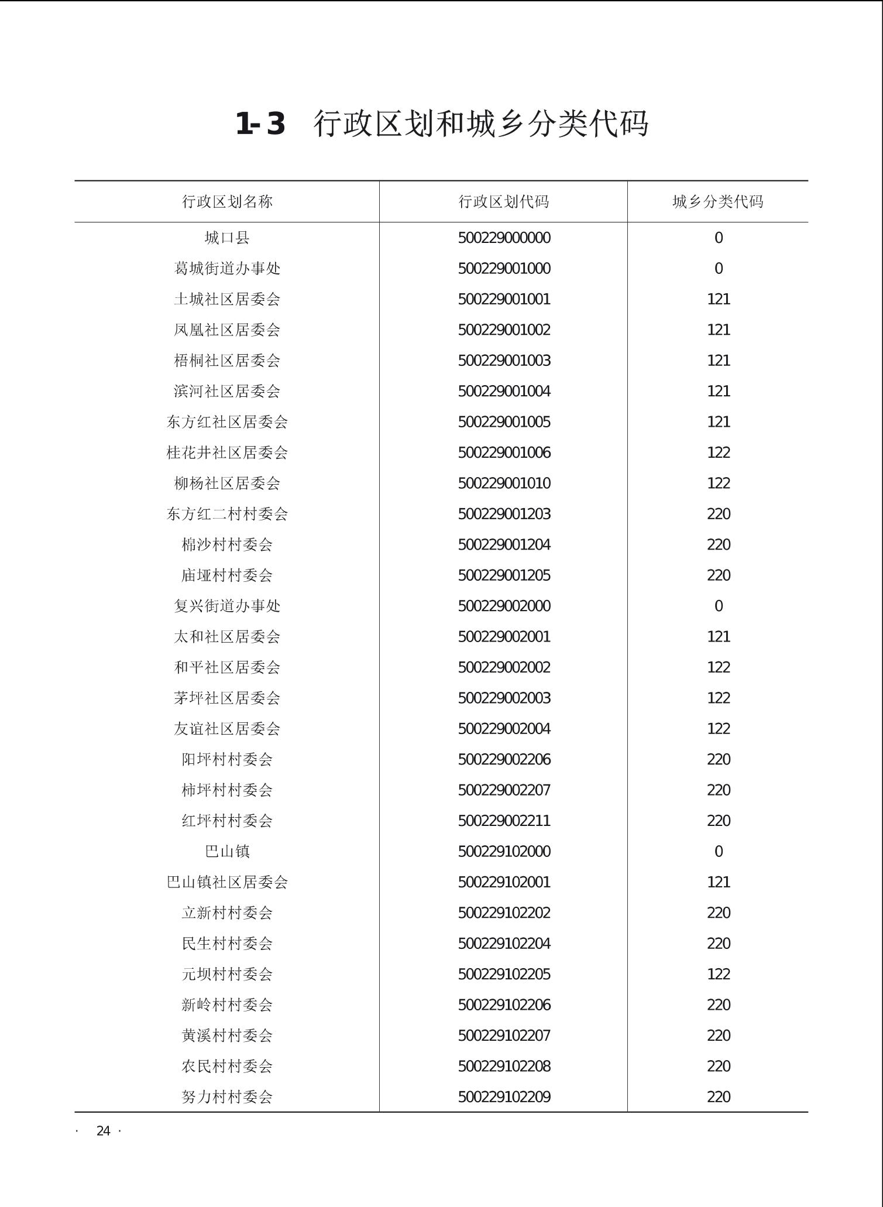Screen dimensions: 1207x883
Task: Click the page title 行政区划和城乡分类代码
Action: (481, 124)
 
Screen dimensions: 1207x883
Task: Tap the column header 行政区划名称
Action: (227, 202)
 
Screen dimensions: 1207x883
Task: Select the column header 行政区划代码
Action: (503, 202)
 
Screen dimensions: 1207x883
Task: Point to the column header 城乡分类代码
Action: (717, 202)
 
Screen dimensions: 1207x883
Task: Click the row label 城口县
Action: (227, 238)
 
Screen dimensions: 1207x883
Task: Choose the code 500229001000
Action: (504, 269)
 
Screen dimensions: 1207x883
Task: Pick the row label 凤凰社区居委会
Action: (227, 330)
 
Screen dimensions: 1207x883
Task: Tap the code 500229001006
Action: (504, 452)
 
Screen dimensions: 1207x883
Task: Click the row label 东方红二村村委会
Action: (227, 514)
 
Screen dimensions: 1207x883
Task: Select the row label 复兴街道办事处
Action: (227, 606)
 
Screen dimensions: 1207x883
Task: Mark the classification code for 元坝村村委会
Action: (718, 974)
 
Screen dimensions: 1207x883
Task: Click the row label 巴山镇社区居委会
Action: (227, 882)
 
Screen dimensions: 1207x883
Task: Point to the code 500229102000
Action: (504, 852)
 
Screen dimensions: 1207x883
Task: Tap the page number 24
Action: (103, 1131)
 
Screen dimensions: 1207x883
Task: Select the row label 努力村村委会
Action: (227, 1097)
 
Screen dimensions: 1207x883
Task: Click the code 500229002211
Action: (504, 821)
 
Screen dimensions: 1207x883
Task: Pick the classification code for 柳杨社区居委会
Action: (718, 484)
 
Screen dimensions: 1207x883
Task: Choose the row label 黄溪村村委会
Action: (227, 1035)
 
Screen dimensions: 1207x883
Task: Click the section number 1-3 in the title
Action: (260, 124)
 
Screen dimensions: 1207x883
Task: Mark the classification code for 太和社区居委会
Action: (718, 637)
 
